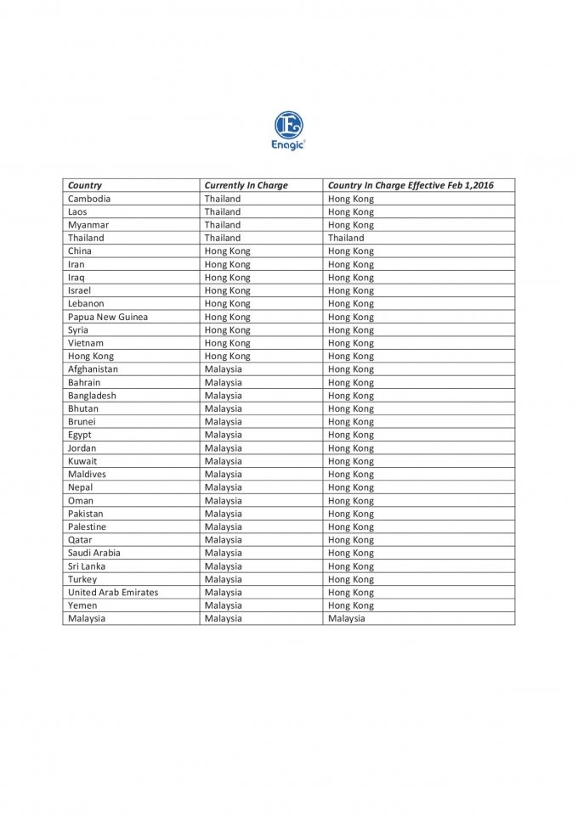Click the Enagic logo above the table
tap(288, 130)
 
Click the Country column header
tap(85, 185)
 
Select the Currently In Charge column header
tap(246, 185)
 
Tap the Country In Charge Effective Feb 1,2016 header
tap(410, 185)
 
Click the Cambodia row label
tap(89, 199)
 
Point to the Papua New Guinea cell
tap(108, 317)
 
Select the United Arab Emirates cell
tap(113, 592)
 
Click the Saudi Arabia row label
tap(94, 553)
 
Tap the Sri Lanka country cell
tap(87, 566)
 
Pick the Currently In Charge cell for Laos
tap(222, 211)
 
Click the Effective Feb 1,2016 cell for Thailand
tap(345, 238)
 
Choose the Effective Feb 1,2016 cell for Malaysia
tap(346, 618)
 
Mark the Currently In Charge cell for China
tap(227, 251)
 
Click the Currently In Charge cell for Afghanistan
tap(223, 369)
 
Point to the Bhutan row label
tap(83, 408)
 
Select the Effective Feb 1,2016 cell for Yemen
tap(350, 605)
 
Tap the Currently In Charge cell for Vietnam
tap(227, 343)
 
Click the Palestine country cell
tap(88, 526)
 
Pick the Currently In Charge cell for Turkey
tap(223, 579)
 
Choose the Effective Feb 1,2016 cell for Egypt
tap(350, 435)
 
